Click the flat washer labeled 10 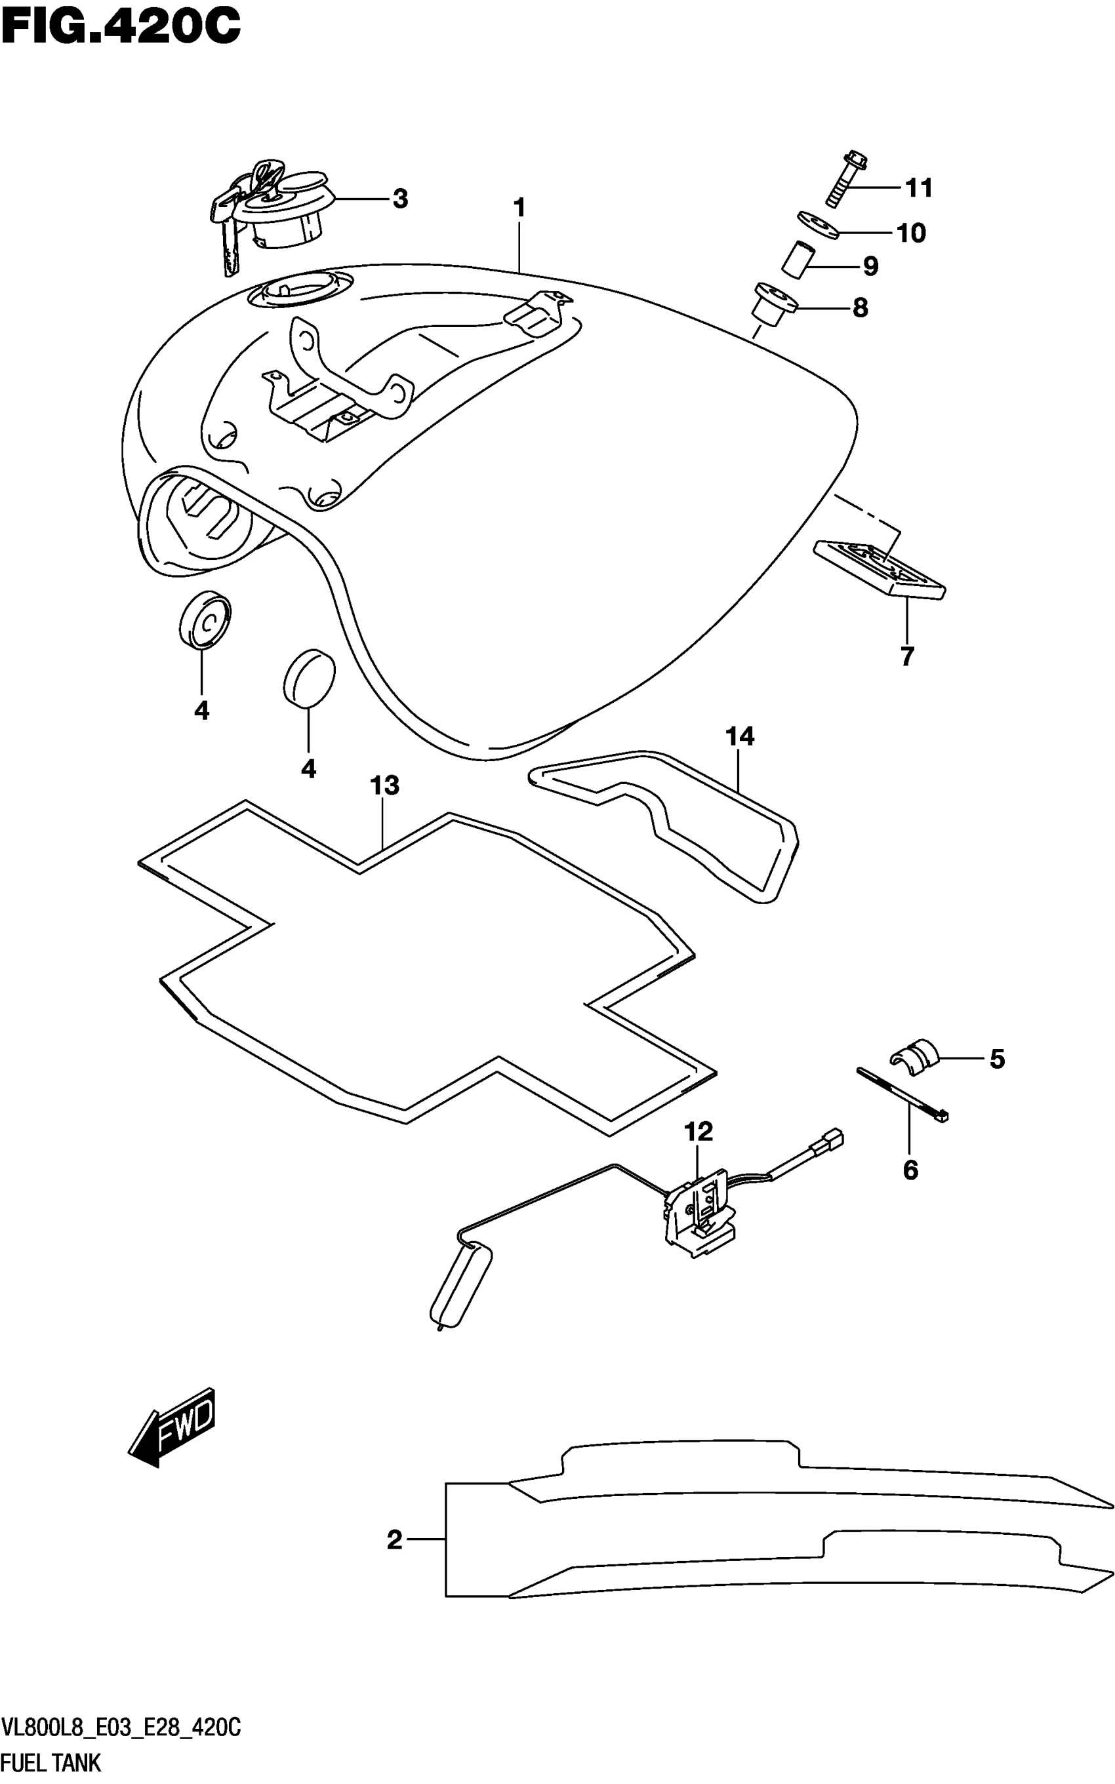[819, 225]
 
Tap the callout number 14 [740, 736]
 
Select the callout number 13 [384, 786]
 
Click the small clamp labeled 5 [914, 1060]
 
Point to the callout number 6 [910, 1169]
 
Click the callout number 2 [395, 1540]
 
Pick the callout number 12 [699, 1131]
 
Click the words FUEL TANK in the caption [51, 1764]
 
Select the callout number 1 [519, 208]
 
